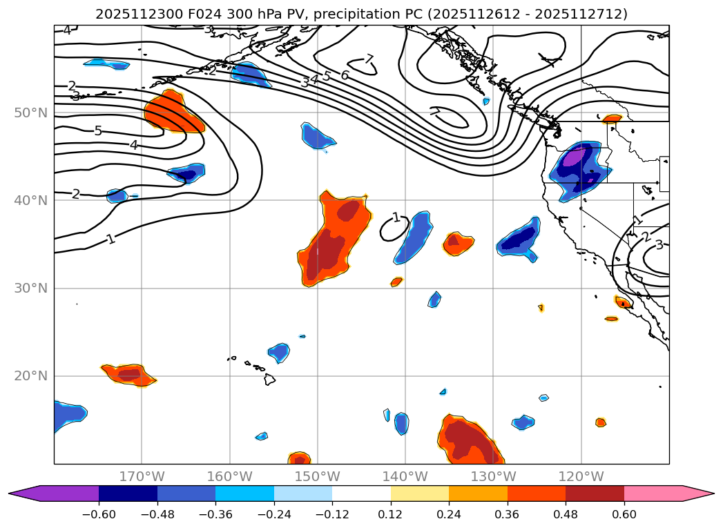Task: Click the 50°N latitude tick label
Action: click(x=30, y=113)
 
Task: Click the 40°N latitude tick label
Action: click(x=30, y=200)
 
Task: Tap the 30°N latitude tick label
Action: click(x=30, y=288)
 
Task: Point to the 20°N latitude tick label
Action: click(x=30, y=375)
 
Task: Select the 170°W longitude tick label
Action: click(x=142, y=476)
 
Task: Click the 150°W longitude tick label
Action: click(x=318, y=476)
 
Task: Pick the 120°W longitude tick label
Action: click(x=581, y=476)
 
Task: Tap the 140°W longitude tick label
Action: click(x=405, y=476)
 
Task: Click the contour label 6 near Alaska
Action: click(x=344, y=75)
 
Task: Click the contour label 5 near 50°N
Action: click(x=98, y=131)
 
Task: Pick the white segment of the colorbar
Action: click(x=361, y=493)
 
